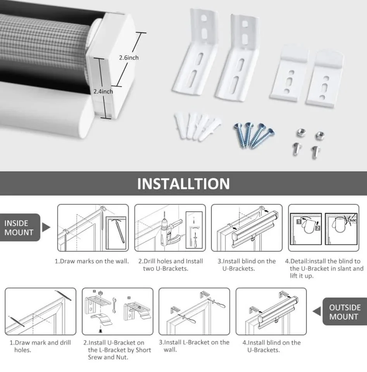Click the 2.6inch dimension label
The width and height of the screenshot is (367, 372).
pos(129,57)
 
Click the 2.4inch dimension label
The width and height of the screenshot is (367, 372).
pos(103,91)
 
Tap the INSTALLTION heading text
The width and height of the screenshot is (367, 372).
pos(183,183)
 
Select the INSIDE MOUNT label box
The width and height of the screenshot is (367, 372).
pos(17,228)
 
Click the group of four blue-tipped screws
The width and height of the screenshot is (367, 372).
pos(254,134)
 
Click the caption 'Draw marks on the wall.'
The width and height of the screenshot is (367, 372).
pos(91,261)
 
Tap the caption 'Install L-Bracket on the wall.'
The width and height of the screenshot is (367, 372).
pos(194,346)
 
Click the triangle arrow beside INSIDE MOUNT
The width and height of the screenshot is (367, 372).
pos(46,227)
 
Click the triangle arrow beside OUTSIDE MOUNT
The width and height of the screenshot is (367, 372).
pos(317,311)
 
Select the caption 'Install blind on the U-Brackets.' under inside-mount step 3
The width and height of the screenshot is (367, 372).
pos(246,265)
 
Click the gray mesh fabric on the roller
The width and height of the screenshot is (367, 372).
pos(43,46)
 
